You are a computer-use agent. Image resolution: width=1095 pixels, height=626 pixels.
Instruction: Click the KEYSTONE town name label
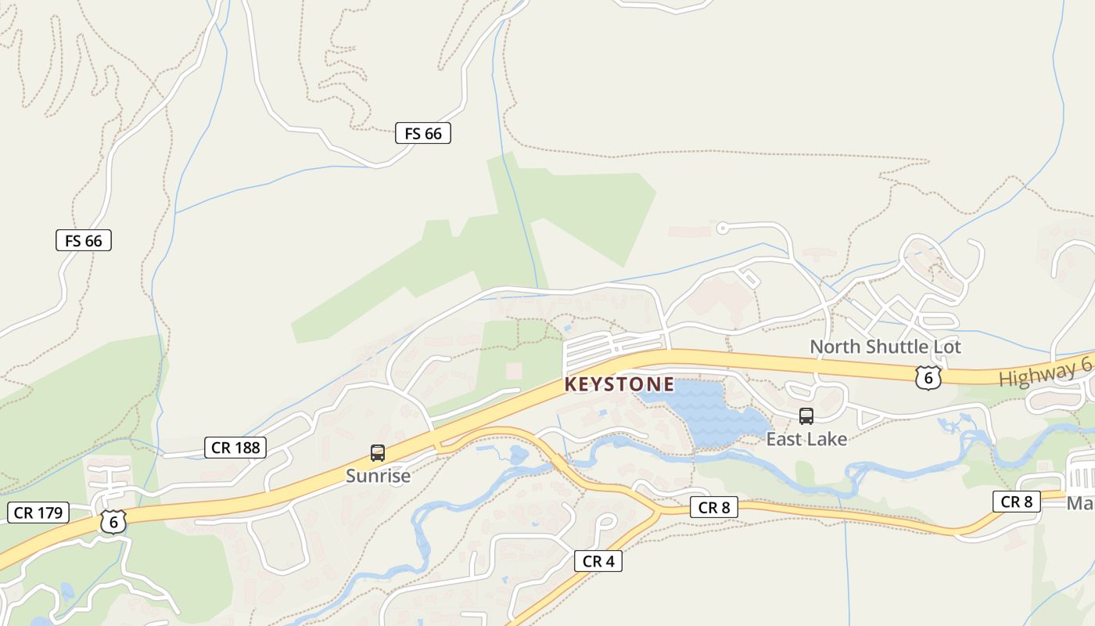pyautogui.click(x=619, y=384)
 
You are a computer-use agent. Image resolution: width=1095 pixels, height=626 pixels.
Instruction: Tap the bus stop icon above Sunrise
pyautogui.click(x=378, y=453)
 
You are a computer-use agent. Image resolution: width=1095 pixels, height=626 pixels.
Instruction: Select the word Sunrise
pyautogui.click(x=378, y=476)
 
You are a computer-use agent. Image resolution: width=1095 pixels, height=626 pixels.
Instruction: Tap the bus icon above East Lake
pyautogui.click(x=806, y=416)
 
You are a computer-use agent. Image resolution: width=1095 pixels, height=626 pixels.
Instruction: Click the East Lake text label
pyautogui.click(x=806, y=439)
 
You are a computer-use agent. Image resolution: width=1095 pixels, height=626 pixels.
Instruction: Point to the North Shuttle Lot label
pyautogui.click(x=885, y=347)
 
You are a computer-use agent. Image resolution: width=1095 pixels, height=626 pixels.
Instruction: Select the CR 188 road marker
pyautogui.click(x=235, y=448)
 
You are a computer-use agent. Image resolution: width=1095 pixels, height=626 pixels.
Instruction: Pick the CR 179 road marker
pyautogui.click(x=38, y=513)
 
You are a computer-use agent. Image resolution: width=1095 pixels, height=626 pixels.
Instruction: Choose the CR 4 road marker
pyautogui.click(x=598, y=561)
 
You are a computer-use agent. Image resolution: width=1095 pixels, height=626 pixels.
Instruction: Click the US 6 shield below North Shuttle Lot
pyautogui.click(x=928, y=378)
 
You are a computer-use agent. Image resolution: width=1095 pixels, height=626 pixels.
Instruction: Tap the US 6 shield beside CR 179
pyautogui.click(x=113, y=522)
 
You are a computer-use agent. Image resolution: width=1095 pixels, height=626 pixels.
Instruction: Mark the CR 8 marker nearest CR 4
pyautogui.click(x=714, y=508)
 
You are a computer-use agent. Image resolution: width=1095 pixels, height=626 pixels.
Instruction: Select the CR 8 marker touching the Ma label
pyautogui.click(x=1017, y=502)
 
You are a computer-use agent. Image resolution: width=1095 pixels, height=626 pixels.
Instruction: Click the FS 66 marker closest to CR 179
pyautogui.click(x=84, y=240)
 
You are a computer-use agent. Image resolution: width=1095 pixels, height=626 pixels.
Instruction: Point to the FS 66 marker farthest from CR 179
pyautogui.click(x=423, y=134)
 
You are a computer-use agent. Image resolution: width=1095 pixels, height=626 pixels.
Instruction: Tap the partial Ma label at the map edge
pyautogui.click(x=1081, y=503)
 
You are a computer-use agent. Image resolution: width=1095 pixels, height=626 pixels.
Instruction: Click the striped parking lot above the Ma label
pyautogui.click(x=1082, y=475)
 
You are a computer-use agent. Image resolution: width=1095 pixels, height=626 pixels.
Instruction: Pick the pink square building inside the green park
pyautogui.click(x=514, y=369)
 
